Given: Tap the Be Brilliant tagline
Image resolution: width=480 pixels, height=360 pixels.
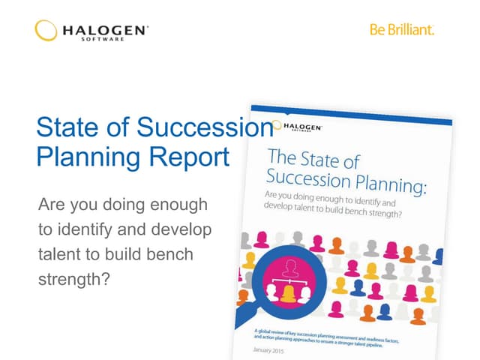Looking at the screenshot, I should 402,30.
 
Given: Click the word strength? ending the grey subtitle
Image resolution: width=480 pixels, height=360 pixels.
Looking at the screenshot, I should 73,280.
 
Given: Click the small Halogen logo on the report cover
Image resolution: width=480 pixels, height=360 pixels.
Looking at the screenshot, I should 298,127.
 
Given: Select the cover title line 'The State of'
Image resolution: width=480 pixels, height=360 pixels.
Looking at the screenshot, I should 313,160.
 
